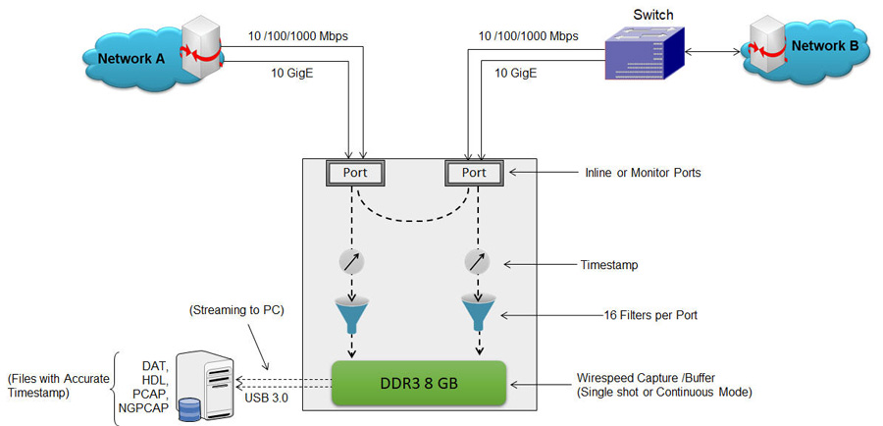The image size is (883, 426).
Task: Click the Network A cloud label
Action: pos(130,59)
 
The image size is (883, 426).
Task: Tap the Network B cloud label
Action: pos(825,46)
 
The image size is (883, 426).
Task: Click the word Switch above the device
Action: pos(652,14)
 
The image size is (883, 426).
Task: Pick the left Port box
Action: pos(355,172)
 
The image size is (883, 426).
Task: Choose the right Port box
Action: pos(474,172)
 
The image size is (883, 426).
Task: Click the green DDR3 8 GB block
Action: pos(419,383)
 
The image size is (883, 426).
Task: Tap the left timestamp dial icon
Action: pos(351,262)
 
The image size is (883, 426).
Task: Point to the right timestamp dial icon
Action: pos(477,262)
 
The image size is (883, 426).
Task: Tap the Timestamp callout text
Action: pos(608,265)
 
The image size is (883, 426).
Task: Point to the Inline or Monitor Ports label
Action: pos(643,173)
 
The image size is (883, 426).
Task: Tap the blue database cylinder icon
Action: pos(189,409)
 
